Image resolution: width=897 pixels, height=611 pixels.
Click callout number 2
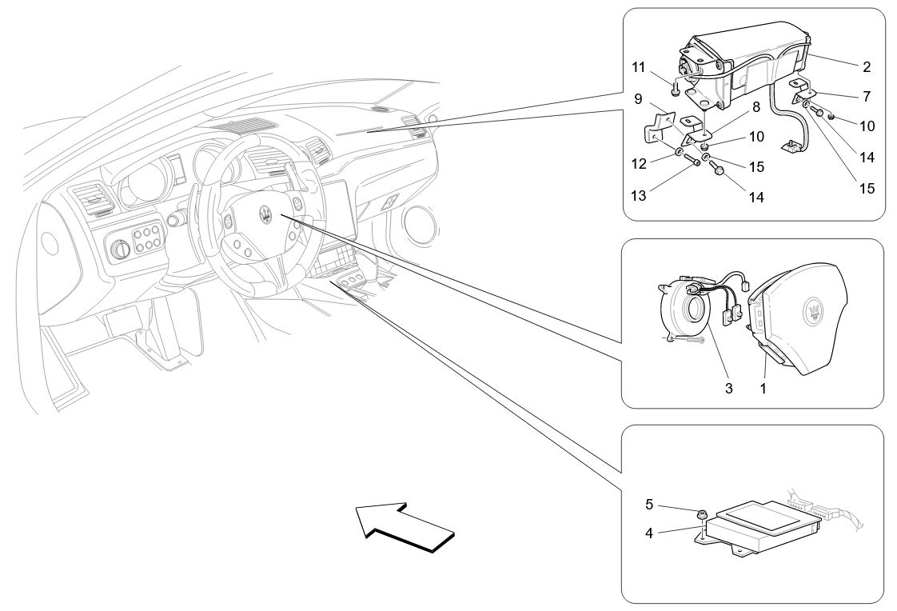[x=867, y=67]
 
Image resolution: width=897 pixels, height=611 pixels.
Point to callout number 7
[x=867, y=96]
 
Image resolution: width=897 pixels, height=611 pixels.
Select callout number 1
[x=763, y=388]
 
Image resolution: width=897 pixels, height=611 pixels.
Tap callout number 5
[x=648, y=505]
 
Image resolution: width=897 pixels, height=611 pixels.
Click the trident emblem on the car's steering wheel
[x=265, y=213]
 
